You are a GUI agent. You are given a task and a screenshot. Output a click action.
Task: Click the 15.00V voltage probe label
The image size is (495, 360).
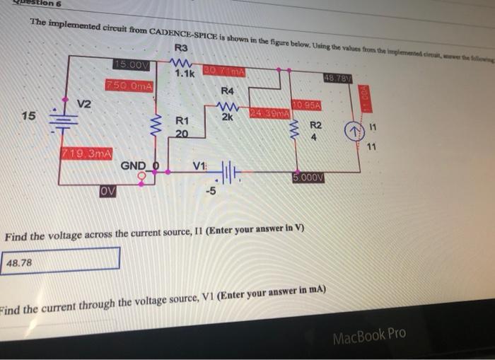pyautogui.click(x=131, y=65)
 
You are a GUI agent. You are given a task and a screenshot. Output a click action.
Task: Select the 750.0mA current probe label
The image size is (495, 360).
pyautogui.click(x=129, y=86)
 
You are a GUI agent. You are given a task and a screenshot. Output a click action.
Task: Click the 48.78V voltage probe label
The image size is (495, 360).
pyautogui.click(x=337, y=77)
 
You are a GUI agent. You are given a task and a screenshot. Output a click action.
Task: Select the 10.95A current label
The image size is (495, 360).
pyautogui.click(x=307, y=105)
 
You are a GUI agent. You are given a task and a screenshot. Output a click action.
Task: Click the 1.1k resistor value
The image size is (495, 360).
pyautogui.click(x=185, y=73)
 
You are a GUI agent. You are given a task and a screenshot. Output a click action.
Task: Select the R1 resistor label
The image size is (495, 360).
pyautogui.click(x=182, y=121)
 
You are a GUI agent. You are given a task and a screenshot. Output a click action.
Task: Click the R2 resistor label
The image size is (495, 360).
pyautogui.click(x=315, y=125)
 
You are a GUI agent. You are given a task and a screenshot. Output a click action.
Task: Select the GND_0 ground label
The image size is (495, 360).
pyautogui.click(x=143, y=165)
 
